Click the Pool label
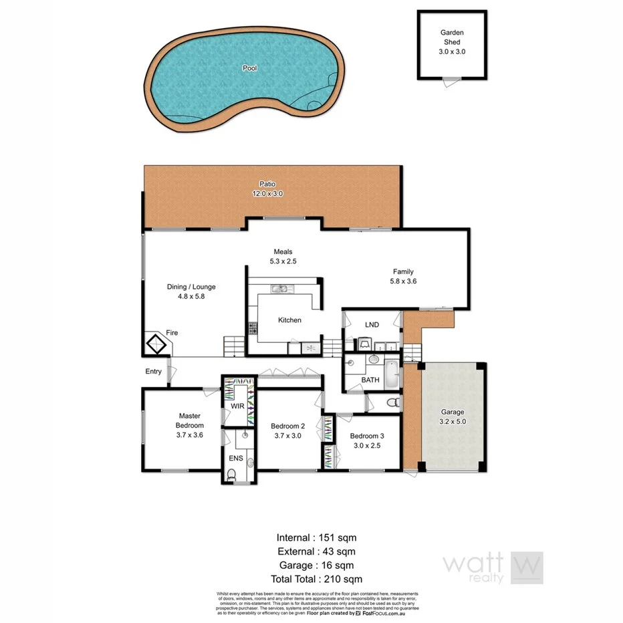point(250,68)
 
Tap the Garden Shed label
point(451,41)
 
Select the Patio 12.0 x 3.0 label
point(267,189)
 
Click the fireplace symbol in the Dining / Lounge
point(158,345)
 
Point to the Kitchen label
point(289,320)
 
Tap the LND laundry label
point(372,325)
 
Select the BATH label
point(370,380)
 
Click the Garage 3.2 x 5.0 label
point(452,417)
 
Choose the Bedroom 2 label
point(287,430)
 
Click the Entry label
point(153,372)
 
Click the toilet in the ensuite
point(231,475)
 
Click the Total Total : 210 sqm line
point(311,579)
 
